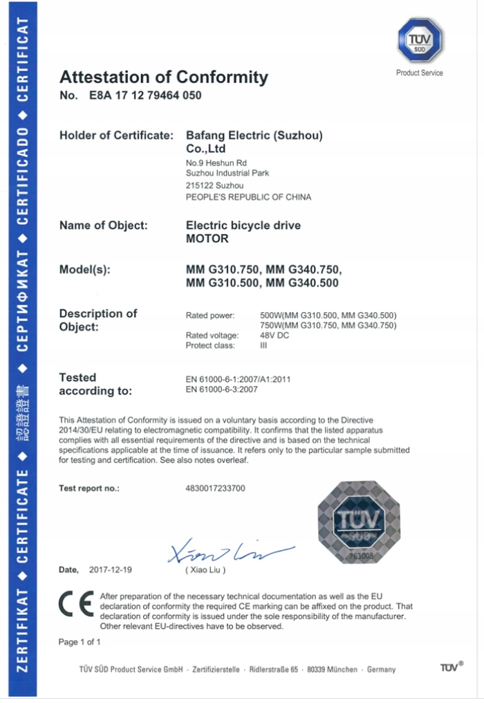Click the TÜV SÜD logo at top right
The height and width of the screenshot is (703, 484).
[x=420, y=41]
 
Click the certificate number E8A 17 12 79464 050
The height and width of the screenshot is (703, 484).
[x=145, y=95]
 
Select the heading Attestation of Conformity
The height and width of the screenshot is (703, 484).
[x=163, y=77]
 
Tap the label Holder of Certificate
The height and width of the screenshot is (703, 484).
[x=115, y=136]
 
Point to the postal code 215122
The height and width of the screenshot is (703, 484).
[x=200, y=185]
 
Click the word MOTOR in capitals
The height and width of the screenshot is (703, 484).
[x=207, y=239]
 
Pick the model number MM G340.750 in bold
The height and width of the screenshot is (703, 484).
[x=304, y=269]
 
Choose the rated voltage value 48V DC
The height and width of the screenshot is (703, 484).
[x=274, y=336]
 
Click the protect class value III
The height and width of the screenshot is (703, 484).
[x=263, y=345]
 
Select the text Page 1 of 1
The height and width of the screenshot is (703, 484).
[x=80, y=642]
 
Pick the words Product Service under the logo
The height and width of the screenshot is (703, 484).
[x=420, y=73]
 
